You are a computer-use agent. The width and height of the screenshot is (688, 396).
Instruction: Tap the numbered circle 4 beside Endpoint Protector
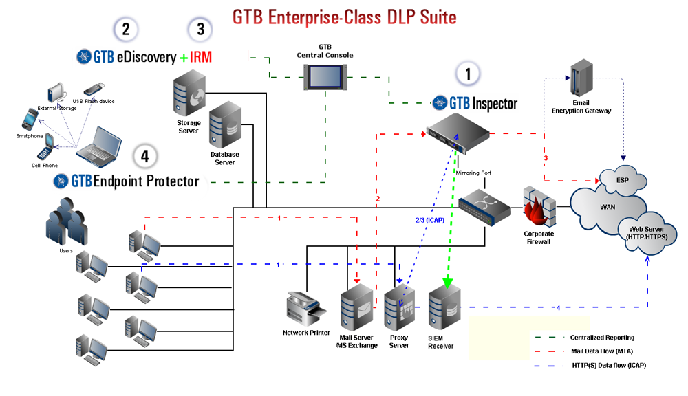pyautogui.click(x=144, y=156)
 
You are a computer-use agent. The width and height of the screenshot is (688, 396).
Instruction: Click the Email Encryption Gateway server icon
pyautogui.click(x=581, y=78)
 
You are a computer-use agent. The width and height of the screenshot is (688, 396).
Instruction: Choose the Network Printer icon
pyautogui.click(x=306, y=307)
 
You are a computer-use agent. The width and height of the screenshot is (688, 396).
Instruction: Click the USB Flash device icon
pyautogui.click(x=94, y=89)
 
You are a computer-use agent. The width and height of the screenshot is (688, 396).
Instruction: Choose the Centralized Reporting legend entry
pyautogui.click(x=602, y=338)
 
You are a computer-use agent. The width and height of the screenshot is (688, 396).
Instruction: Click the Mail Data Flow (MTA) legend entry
pyautogui.click(x=603, y=351)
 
